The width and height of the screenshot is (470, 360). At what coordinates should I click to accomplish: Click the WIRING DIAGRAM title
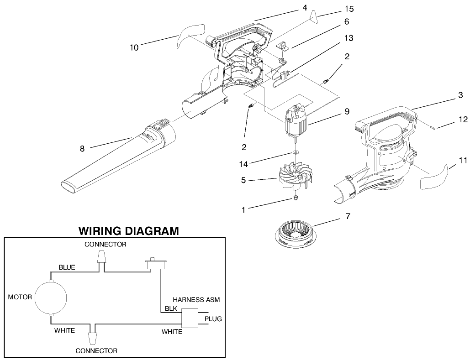128,230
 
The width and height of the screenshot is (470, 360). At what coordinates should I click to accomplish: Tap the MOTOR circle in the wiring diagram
51,297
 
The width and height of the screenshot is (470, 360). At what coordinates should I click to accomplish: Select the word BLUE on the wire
67,267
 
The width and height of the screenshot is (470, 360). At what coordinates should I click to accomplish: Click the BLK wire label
171,308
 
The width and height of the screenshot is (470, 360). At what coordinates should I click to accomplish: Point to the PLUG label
213,319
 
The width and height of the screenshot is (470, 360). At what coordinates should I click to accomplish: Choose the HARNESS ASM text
196,300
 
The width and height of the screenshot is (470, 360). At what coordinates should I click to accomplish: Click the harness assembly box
190,318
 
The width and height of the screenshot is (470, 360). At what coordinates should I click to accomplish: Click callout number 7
348,216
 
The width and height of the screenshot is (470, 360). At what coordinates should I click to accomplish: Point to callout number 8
82,148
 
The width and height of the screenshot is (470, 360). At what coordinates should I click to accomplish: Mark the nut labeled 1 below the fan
295,198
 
